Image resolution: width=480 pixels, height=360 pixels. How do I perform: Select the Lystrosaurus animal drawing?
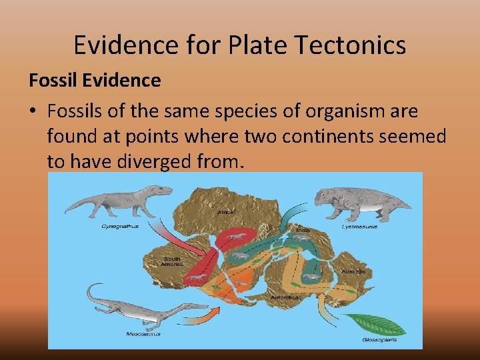pos(353,204)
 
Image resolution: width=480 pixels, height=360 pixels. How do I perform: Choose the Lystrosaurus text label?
pos(360,227)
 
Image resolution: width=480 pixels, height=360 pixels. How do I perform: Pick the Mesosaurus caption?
pos(136,334)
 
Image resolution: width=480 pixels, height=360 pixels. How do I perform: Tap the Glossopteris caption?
pos(379,339)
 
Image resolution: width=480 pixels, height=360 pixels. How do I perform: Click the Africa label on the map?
pos(225,212)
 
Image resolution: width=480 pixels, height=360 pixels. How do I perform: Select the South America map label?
pos(172,261)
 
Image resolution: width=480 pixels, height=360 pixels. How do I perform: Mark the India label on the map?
pos(303,230)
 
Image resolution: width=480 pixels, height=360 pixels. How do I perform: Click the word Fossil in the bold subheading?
pos(51,81)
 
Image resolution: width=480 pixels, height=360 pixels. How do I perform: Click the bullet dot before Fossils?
pos(33,110)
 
